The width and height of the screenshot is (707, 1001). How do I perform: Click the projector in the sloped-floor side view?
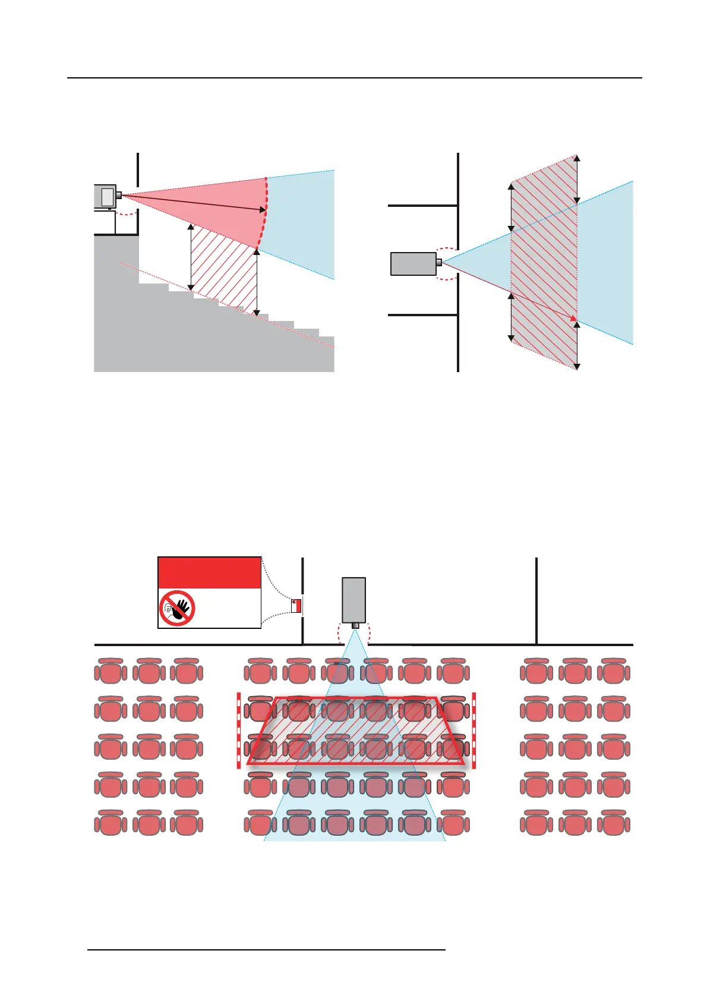(105, 196)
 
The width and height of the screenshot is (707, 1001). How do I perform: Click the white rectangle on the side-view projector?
(107, 196)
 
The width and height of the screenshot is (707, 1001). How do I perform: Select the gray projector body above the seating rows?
(353, 600)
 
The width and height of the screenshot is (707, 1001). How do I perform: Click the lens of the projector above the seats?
(355, 625)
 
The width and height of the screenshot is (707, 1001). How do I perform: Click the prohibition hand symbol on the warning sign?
(178, 608)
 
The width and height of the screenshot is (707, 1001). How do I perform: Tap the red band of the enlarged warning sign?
(209, 573)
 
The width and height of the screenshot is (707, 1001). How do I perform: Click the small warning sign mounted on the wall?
(296, 606)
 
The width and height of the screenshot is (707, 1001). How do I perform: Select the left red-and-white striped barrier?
(239, 730)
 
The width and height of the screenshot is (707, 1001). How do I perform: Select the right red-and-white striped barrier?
(474, 730)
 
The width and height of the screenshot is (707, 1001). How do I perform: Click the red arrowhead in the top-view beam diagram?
(573, 319)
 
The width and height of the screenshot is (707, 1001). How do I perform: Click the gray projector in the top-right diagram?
(413, 263)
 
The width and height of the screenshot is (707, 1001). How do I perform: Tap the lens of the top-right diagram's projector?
(439, 262)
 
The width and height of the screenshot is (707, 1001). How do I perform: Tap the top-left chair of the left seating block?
(111, 671)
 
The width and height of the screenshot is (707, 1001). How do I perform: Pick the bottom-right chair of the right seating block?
(613, 823)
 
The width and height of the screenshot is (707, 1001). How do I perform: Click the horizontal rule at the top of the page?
(354, 78)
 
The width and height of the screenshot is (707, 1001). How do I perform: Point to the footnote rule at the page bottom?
(266, 950)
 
